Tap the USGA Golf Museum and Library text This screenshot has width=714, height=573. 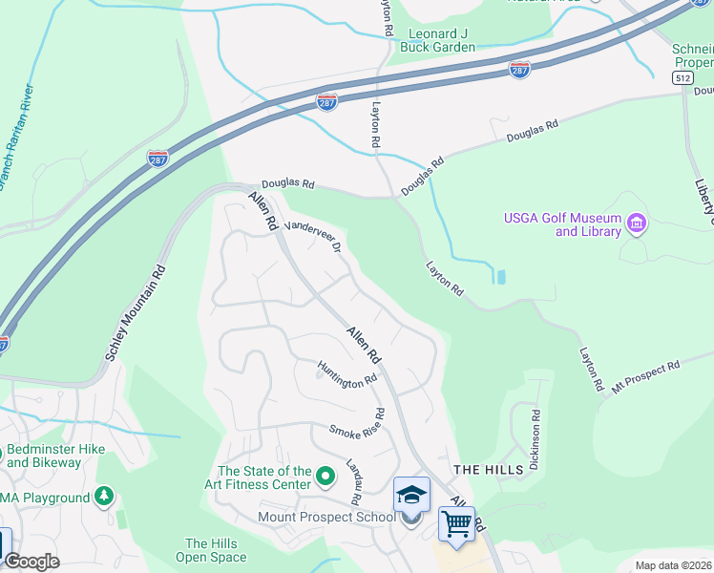coord(562,225)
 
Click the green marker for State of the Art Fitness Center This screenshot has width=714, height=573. coord(325,475)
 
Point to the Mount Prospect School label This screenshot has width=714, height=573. coord(325,518)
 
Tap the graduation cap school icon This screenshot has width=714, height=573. coord(411,495)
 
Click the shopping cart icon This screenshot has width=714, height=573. coord(456,523)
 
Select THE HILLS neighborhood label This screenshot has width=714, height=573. coord(488,470)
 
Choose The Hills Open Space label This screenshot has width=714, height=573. coord(216,550)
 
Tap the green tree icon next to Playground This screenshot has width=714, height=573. coord(104,497)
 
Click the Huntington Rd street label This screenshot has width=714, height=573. coord(347,373)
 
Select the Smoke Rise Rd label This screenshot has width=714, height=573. coord(357,426)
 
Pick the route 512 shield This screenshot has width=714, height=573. coord(682,76)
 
